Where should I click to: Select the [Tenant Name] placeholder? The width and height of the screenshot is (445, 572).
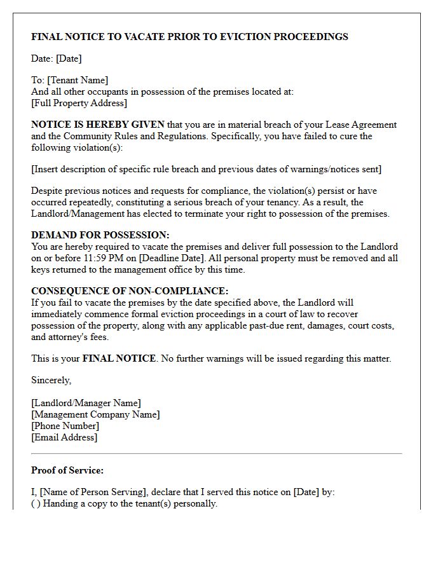(76, 80)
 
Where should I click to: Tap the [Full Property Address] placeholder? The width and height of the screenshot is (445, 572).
(79, 103)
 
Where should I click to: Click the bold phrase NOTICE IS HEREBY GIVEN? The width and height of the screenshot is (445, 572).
(98, 125)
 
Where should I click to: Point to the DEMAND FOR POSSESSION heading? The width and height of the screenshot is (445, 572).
(100, 235)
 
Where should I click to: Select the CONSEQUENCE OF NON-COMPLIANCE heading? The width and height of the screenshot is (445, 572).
(130, 291)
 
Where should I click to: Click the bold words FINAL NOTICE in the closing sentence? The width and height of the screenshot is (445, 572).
(119, 358)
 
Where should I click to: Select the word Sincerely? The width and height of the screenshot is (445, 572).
(51, 380)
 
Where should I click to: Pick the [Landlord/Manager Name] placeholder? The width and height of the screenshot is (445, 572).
(86, 403)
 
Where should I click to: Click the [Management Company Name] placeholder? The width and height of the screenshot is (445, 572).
(95, 414)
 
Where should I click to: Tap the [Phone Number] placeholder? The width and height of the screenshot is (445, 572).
(65, 426)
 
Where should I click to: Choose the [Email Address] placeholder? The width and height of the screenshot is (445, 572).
(64, 437)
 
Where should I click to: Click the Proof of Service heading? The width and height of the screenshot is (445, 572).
(67, 471)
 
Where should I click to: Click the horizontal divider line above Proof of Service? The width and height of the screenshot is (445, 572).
(216, 454)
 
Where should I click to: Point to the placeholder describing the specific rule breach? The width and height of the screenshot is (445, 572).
(207, 169)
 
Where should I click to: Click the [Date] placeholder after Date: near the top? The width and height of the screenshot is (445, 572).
(69, 58)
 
